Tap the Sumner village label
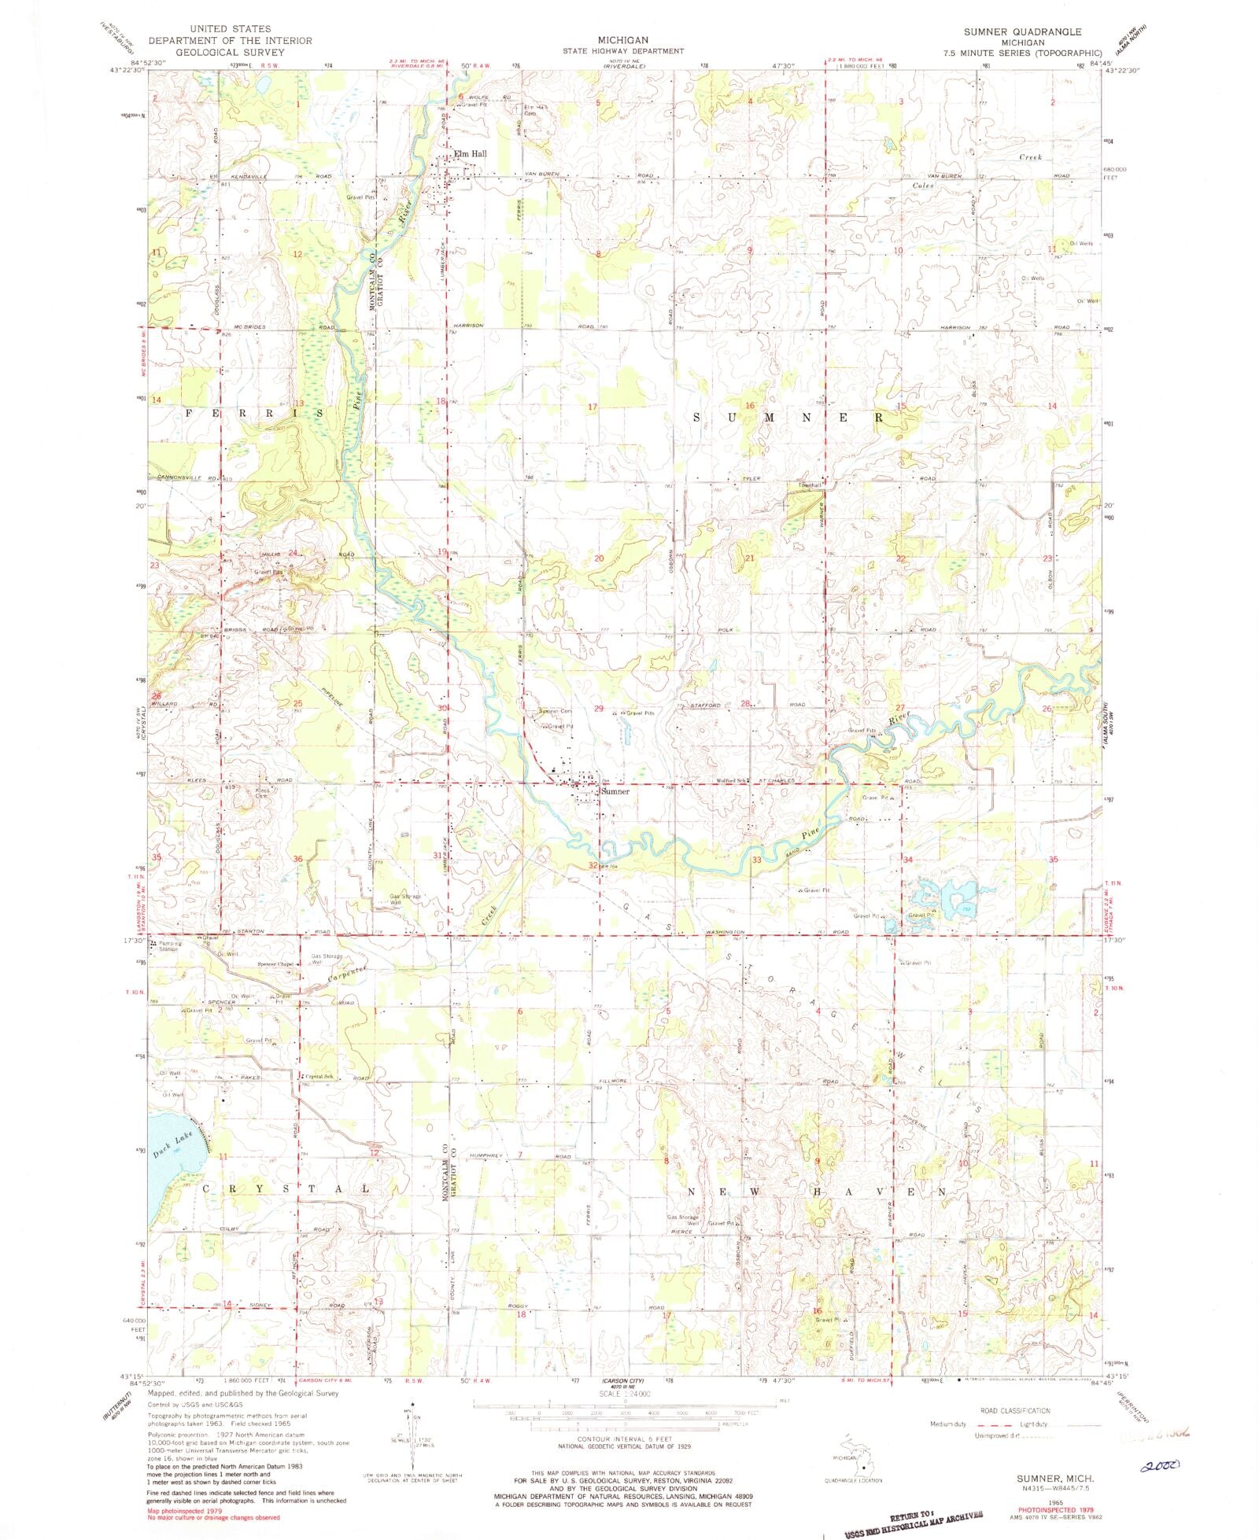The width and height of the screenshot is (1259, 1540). pyautogui.click(x=615, y=791)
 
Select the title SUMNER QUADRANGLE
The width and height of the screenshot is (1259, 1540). pyautogui.click(x=1023, y=31)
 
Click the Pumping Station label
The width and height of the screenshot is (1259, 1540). pyautogui.click(x=170, y=946)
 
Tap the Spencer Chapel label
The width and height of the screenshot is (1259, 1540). pyautogui.click(x=275, y=965)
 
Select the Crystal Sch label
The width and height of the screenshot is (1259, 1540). pyautogui.click(x=320, y=1077)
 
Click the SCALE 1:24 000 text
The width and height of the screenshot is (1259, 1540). pyautogui.click(x=624, y=1393)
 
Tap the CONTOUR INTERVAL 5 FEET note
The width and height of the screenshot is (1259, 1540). pyautogui.click(x=624, y=1439)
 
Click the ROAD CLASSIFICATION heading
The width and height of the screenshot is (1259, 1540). pyautogui.click(x=1015, y=1410)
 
